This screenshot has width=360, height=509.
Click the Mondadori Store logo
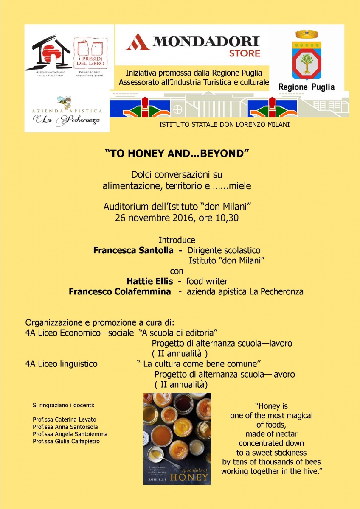pos(192,45)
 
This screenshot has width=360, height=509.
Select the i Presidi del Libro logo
pos(90,53)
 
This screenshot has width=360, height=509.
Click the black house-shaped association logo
pos(48,53)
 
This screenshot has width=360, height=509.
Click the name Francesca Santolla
pos(133,250)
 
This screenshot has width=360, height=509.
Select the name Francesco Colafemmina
pos(120,291)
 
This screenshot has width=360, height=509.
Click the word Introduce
pos(177,240)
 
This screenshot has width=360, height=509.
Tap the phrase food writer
pos(207,281)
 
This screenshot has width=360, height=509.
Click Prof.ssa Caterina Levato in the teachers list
pos(64,420)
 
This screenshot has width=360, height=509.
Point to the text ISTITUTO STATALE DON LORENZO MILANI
pos(224,125)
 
